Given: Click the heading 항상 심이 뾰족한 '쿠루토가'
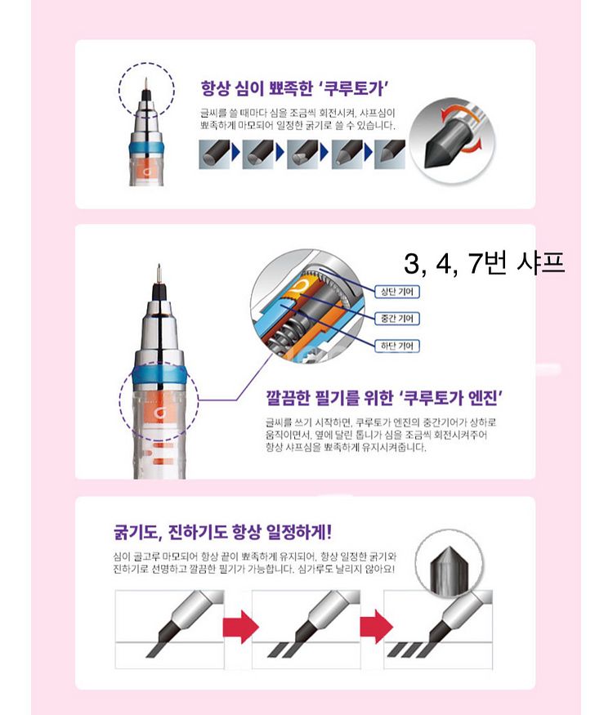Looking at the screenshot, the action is (294, 88).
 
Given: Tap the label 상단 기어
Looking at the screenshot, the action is (396, 292).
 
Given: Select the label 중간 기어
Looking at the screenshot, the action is (396, 319).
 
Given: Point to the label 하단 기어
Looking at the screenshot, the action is (396, 346).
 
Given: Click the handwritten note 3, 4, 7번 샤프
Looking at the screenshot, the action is (485, 263).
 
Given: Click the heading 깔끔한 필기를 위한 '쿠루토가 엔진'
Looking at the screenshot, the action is (384, 398).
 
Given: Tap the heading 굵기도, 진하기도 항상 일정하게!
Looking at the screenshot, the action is (222, 532).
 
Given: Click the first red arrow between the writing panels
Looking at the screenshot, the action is (240, 626).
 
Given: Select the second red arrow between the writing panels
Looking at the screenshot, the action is (376, 626).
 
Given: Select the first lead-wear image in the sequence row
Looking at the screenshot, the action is (214, 154).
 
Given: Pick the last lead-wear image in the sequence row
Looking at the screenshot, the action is (390, 154).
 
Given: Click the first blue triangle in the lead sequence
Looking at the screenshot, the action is (235, 153).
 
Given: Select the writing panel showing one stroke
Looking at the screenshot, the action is (169, 630).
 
